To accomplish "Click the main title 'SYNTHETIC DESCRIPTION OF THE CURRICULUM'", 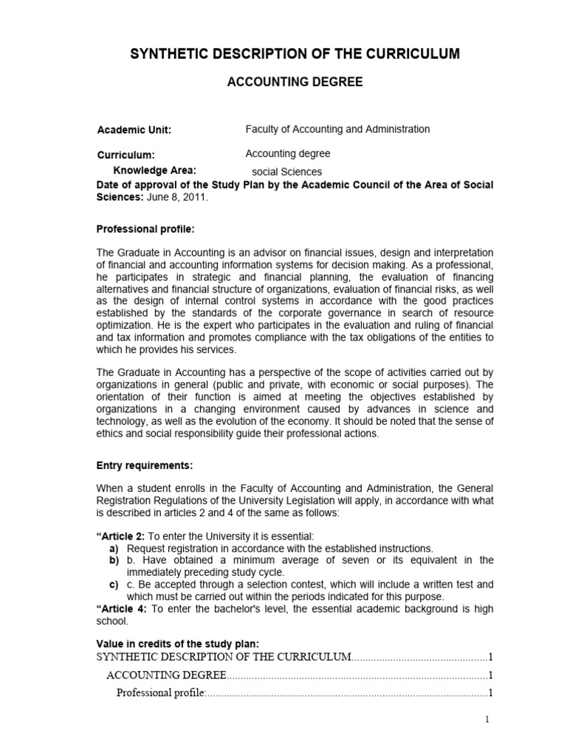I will point(295,54).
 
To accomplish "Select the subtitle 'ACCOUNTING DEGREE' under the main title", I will point(294,83).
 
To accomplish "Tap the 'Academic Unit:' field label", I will point(134,131).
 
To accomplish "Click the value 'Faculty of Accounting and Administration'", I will point(337,129).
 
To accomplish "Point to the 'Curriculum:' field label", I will point(126,156).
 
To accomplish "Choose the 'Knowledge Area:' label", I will point(154,170).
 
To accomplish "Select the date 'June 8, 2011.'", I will point(177,198).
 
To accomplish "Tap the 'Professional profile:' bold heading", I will point(145,229).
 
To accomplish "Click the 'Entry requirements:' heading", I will point(145,466).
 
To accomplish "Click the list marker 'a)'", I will point(114,549).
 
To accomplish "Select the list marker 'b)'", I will point(114,560).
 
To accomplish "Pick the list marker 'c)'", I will point(114,584).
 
